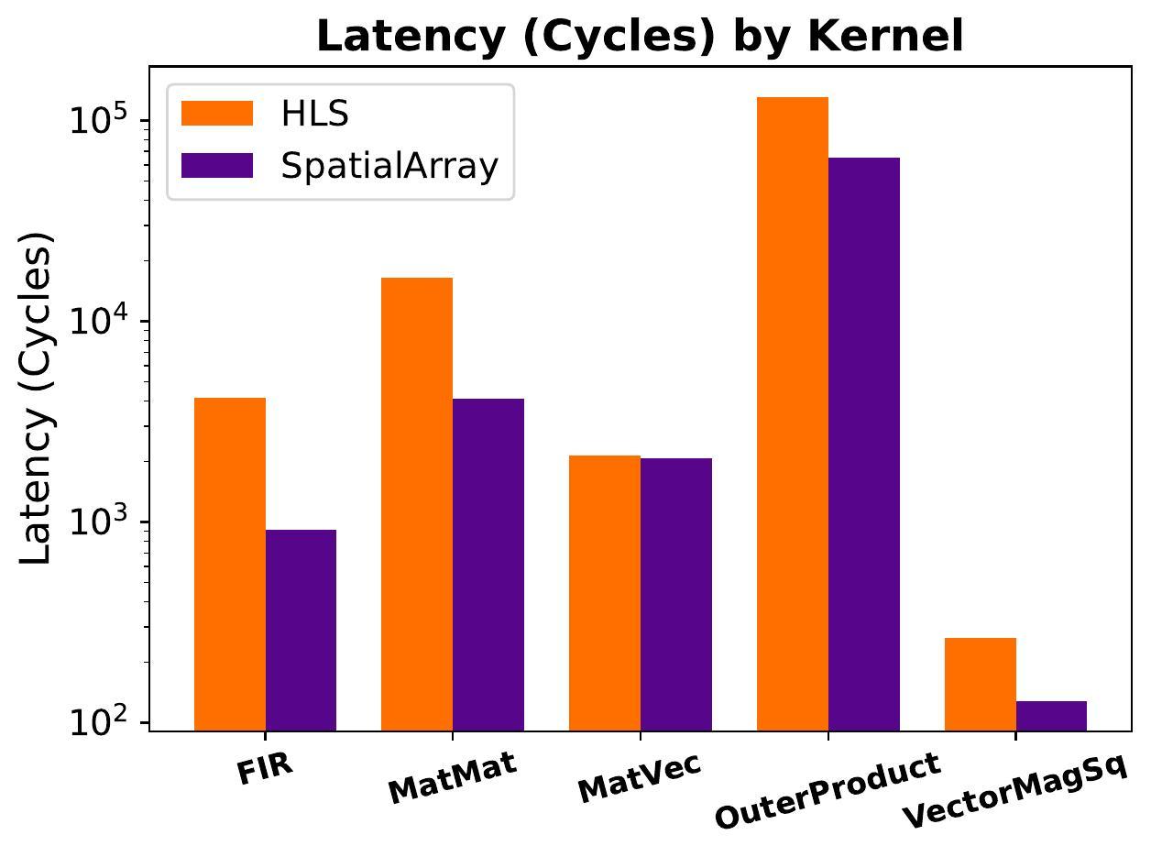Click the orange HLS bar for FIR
click(230, 564)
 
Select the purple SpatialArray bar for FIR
click(301, 630)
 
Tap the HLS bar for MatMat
click(417, 504)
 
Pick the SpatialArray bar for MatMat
click(488, 565)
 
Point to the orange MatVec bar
click(605, 593)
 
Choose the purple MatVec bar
click(676, 594)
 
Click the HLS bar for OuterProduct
click(793, 413)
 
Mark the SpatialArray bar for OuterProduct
click(864, 444)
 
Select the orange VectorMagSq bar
click(981, 684)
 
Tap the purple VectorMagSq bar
click(1051, 716)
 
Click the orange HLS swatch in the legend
click(217, 114)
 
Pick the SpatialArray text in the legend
click(389, 166)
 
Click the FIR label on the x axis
click(265, 770)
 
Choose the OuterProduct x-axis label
click(827, 790)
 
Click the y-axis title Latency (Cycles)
click(38, 399)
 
